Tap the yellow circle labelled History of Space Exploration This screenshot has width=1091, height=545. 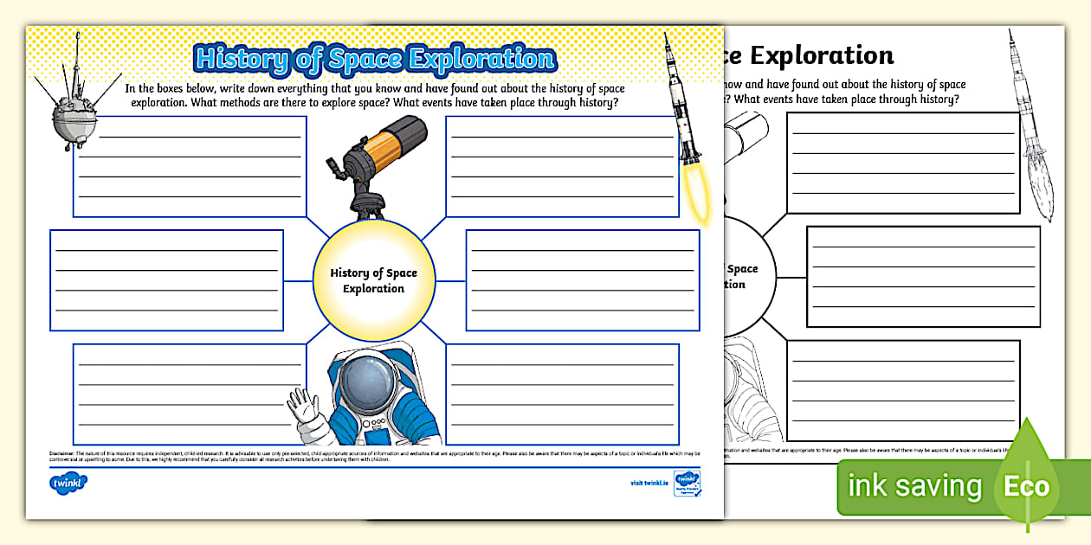tap(373, 280)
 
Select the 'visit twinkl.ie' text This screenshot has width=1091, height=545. tap(649, 484)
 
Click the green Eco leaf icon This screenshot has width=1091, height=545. tap(1027, 484)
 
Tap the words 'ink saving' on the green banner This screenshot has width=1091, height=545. tap(914, 486)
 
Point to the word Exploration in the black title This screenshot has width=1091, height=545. tap(823, 56)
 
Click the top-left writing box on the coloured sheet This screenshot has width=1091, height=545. tap(190, 166)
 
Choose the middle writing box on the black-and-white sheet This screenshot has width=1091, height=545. tap(923, 277)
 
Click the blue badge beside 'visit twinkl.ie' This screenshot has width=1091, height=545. tap(686, 483)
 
